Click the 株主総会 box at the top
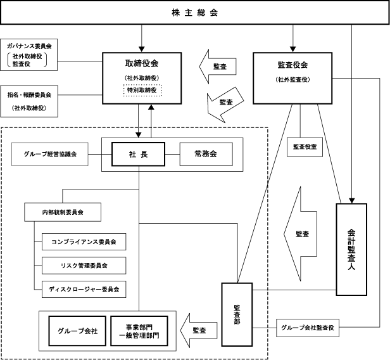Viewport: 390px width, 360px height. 195,13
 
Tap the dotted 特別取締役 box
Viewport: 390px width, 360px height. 142,90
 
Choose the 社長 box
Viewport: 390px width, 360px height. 138,154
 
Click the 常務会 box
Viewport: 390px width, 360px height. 206,154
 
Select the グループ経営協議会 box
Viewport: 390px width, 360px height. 51,154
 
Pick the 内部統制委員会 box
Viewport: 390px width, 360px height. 63,211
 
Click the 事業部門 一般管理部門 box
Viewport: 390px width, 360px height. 140,331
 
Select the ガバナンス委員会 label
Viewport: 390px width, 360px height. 29,47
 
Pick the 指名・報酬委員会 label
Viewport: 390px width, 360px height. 29,94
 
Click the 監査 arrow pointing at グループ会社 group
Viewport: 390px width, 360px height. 198,330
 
